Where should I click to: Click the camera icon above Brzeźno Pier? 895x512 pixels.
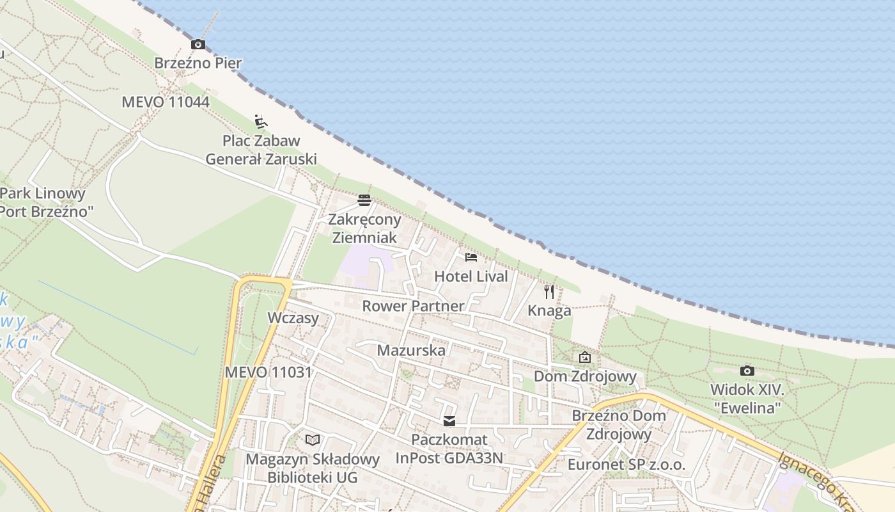198,44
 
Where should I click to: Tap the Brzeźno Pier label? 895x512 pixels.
198,63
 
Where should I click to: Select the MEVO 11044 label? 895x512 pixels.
166,102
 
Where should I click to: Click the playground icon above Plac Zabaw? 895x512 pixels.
260,121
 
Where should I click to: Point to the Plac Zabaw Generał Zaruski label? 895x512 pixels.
261,150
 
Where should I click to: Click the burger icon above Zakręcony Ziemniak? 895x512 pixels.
364,200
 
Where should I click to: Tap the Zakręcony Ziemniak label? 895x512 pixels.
364,228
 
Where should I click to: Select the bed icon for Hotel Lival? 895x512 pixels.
471,257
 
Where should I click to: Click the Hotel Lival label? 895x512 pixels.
471,276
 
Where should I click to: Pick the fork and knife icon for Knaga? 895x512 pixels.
549,292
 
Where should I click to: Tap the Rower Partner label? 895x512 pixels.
413,306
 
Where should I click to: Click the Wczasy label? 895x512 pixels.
293,318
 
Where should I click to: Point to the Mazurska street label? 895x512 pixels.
411,350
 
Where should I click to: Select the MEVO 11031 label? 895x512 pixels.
268,372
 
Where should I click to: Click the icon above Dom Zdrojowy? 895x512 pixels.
584,357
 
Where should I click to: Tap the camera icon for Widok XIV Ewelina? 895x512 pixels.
747,371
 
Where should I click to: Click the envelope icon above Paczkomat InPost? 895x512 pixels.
449,421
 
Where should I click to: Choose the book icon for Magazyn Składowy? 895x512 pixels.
313,440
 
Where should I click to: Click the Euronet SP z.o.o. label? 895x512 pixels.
626,465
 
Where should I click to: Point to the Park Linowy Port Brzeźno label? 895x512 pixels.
43,202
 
